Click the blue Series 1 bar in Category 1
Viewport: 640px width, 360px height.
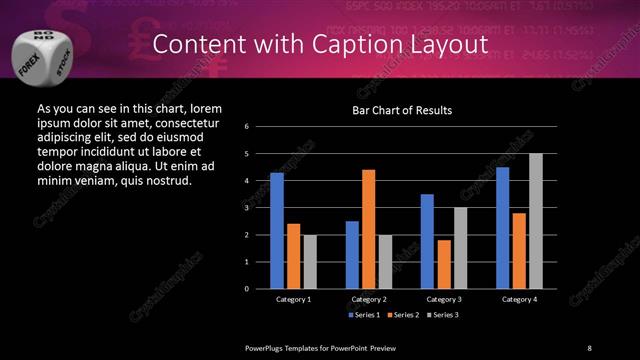click(x=277, y=231)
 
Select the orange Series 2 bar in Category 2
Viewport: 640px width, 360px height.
click(x=368, y=229)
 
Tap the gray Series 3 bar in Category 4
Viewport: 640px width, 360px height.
click(x=535, y=221)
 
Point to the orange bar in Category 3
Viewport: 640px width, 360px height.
click(x=443, y=264)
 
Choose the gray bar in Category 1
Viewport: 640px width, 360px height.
click(x=309, y=262)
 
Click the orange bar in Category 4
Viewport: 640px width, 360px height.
click(x=519, y=251)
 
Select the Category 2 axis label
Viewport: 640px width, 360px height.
click(x=368, y=299)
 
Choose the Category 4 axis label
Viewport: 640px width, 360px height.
click(x=518, y=299)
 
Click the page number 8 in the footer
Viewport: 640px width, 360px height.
click(x=589, y=346)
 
